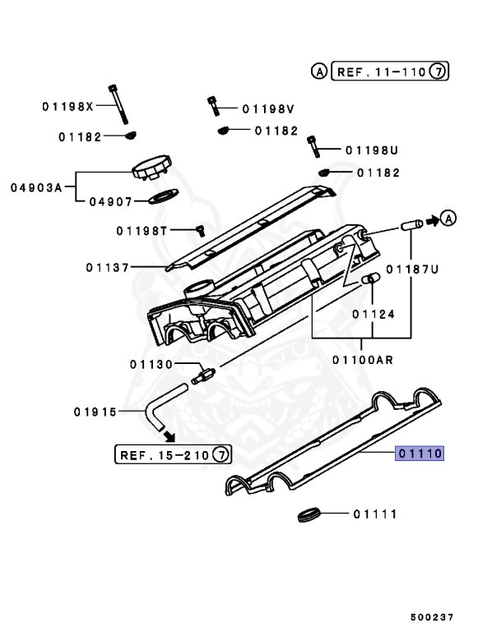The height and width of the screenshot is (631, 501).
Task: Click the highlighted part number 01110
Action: [420, 453]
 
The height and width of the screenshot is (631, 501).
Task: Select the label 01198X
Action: [68, 107]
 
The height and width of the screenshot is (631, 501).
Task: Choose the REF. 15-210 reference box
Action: [174, 454]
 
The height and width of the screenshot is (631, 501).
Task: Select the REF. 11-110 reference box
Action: [379, 72]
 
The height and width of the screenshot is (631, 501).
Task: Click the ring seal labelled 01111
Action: [307, 515]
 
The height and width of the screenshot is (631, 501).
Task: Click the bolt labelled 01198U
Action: [313, 147]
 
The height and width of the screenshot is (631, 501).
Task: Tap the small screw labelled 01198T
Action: [199, 231]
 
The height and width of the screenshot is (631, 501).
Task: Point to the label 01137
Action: [107, 267]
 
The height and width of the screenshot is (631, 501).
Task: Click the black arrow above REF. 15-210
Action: [168, 435]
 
